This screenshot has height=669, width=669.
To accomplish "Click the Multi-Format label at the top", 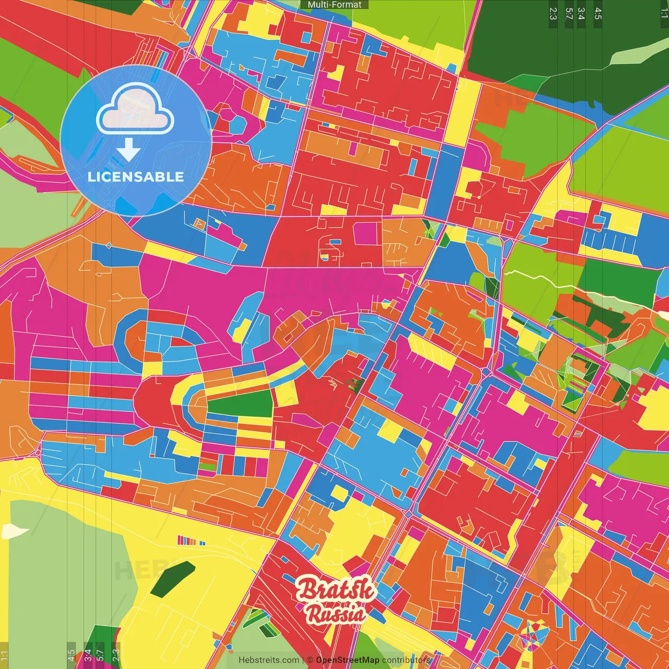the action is tap(334, 5).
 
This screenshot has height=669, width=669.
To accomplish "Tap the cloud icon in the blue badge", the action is tap(135, 110).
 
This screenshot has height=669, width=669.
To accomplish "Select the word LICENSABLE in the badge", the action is tap(136, 177).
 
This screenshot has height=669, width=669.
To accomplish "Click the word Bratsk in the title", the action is tap(336, 590).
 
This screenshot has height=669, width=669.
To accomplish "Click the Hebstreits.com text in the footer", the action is tap(269, 660).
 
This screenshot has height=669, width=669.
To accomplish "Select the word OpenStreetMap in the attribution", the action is tap(347, 660).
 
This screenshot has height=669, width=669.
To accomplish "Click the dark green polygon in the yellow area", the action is tap(172, 579).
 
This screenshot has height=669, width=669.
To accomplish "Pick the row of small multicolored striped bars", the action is tap(191, 540).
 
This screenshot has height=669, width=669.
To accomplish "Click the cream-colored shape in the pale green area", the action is tap(15, 531).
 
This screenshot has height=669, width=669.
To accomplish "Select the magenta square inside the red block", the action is tap(365, 234).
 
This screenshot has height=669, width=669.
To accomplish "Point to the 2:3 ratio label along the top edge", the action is tap(553, 13).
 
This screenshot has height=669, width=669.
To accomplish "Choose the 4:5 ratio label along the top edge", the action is tap(598, 13).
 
